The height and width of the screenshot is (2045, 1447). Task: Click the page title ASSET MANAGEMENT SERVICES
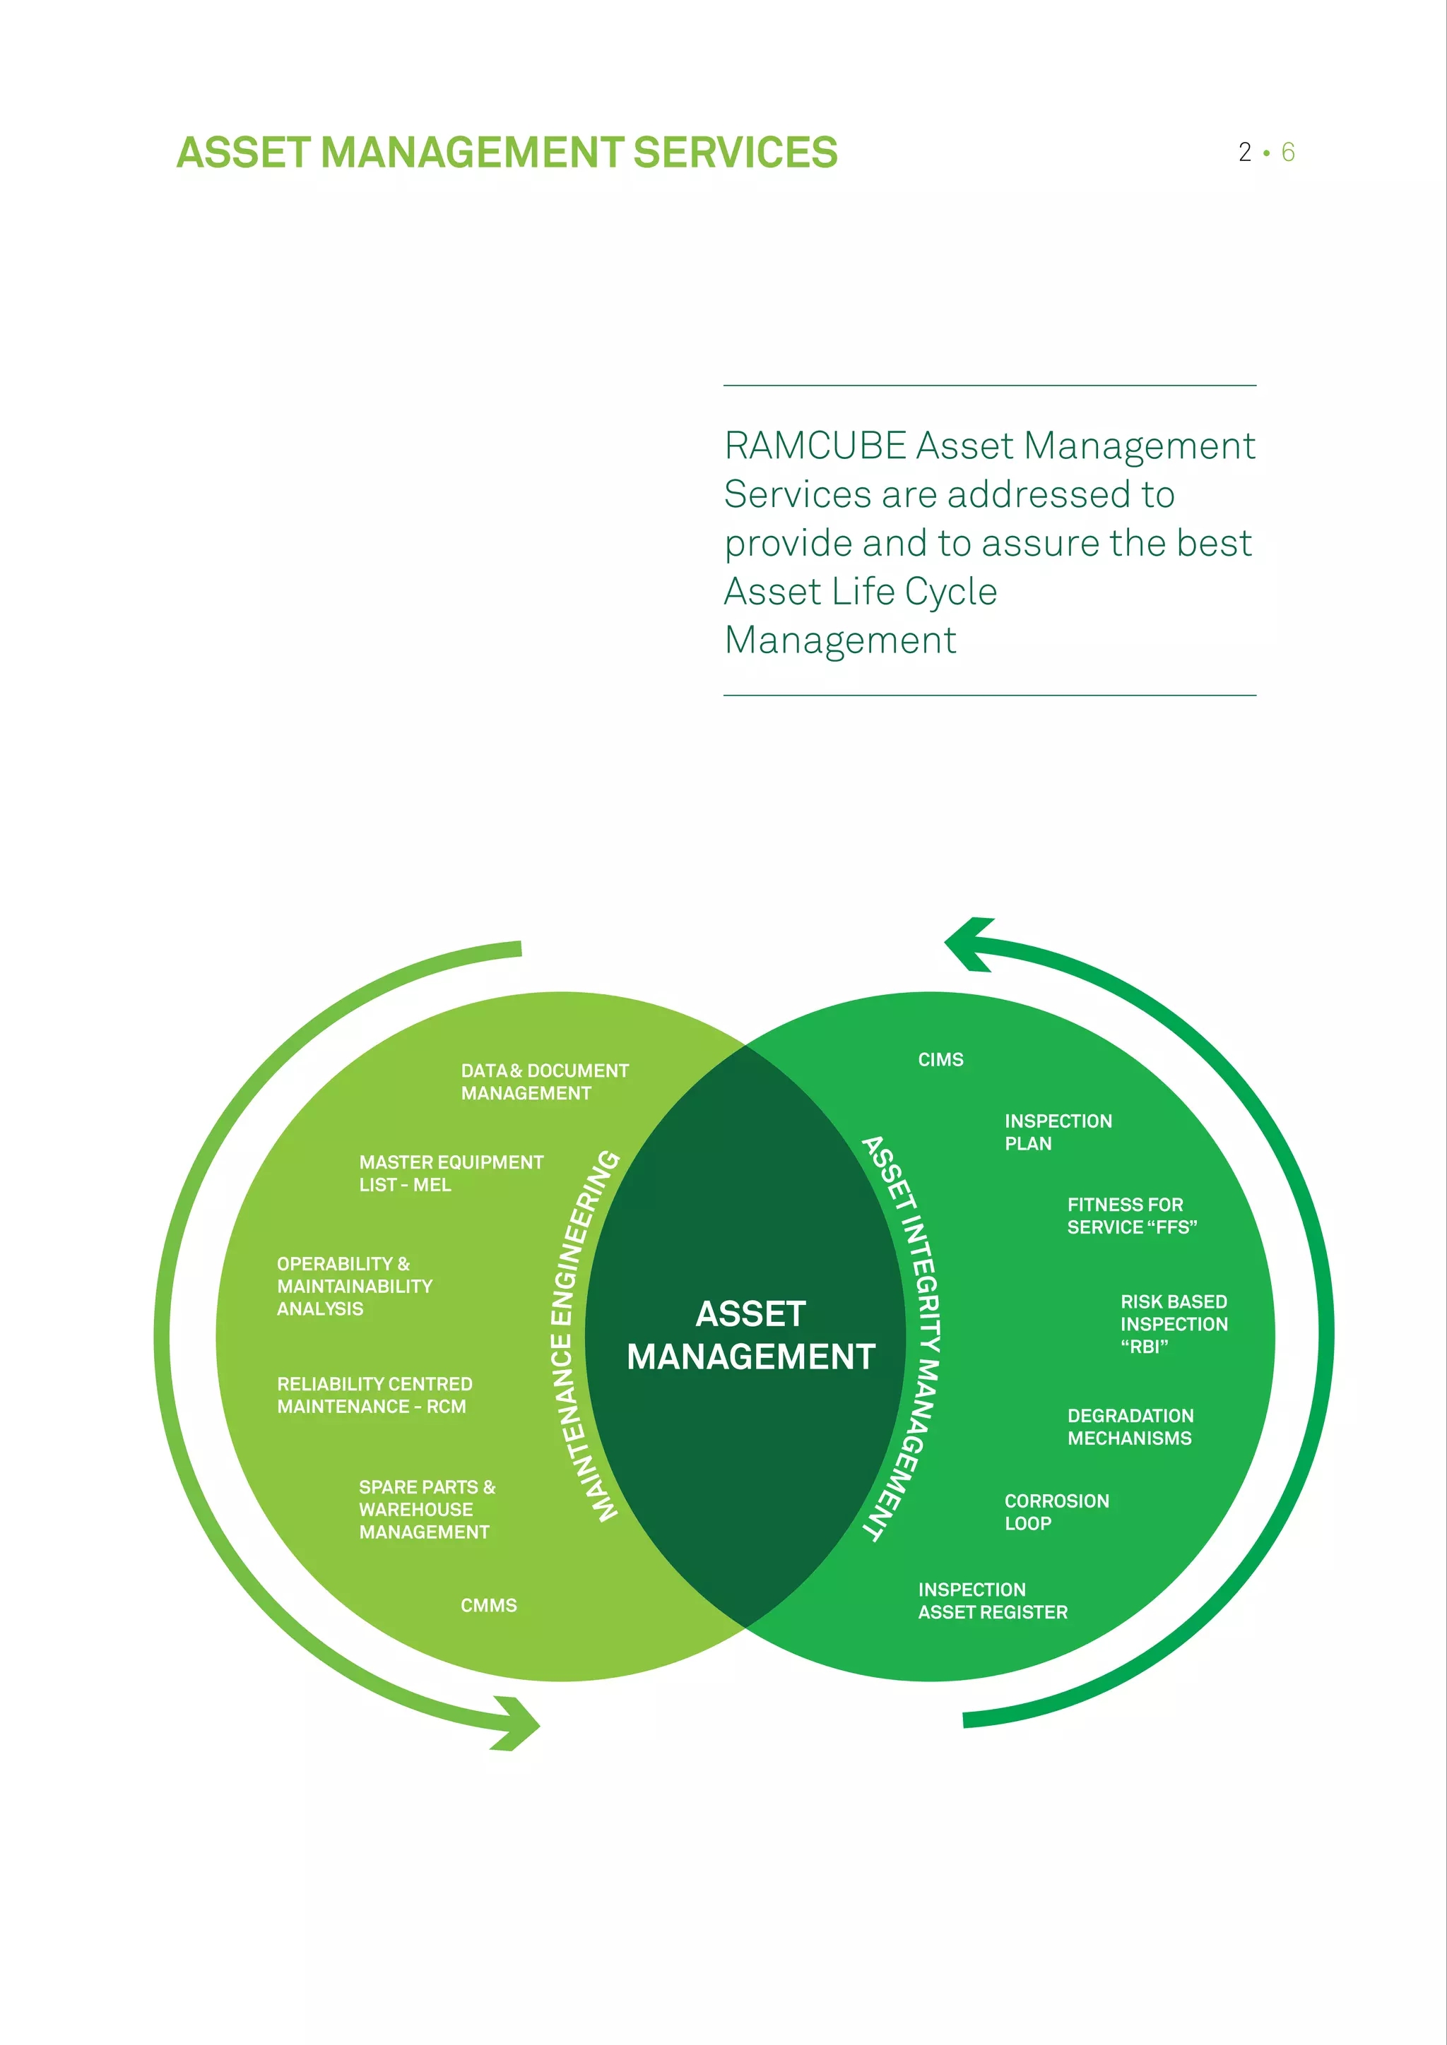click(506, 153)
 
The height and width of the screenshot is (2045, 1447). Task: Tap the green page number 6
click(1287, 153)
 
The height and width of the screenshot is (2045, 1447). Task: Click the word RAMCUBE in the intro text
click(815, 446)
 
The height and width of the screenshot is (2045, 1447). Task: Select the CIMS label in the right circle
click(940, 1059)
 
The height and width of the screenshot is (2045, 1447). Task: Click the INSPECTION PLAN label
click(1058, 1132)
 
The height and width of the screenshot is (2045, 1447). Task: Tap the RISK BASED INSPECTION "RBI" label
click(1174, 1323)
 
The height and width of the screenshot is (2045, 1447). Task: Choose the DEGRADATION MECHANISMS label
click(1130, 1427)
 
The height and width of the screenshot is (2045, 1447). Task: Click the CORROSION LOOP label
click(1056, 1511)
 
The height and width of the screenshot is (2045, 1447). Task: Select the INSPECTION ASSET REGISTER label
click(992, 1601)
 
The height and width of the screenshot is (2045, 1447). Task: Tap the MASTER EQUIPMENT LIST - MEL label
click(451, 1173)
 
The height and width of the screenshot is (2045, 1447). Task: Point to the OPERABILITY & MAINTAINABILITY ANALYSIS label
click(355, 1285)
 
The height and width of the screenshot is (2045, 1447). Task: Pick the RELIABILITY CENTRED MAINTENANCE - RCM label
click(374, 1395)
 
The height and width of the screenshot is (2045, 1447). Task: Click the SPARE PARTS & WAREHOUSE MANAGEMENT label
click(427, 1509)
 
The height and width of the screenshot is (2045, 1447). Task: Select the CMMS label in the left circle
click(488, 1605)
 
